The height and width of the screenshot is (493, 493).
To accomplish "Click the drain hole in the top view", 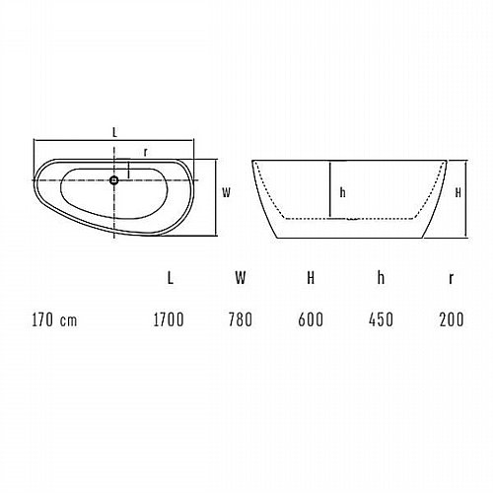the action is (x=114, y=180).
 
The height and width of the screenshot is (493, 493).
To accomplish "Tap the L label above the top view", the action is (x=114, y=133).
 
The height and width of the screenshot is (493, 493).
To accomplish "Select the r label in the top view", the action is (x=145, y=152).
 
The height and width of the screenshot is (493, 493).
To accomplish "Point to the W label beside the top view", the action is (x=227, y=192).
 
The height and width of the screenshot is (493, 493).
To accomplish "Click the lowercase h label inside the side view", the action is (x=342, y=192).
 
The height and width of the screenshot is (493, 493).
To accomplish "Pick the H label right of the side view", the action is (x=458, y=192).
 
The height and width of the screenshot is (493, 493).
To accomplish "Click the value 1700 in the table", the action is (x=169, y=319).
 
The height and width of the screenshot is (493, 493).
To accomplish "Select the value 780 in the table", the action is (x=241, y=319).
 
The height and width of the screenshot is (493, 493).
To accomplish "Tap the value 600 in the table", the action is (x=311, y=319).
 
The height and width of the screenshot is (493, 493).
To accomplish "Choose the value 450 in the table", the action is (x=381, y=319).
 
